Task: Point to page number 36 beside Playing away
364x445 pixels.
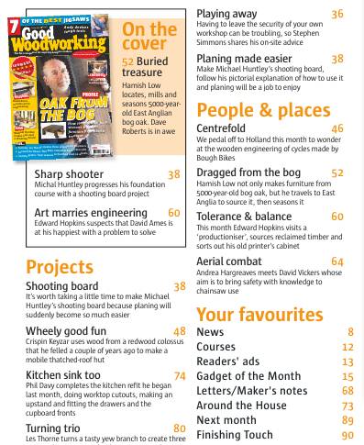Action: (337, 14)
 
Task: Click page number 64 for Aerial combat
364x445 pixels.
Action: (337, 261)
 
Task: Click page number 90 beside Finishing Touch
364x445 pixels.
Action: (347, 435)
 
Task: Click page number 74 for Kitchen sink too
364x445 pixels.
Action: (179, 375)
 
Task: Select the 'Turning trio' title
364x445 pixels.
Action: (56, 428)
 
